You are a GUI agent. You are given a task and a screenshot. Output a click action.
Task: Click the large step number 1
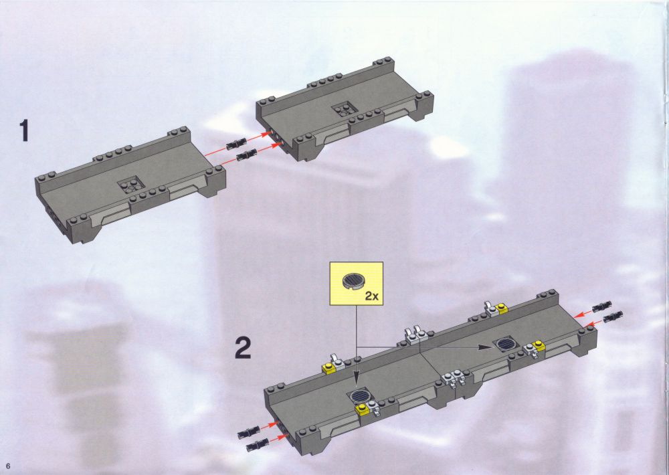click(x=25, y=130)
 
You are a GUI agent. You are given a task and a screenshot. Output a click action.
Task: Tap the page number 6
click(x=7, y=465)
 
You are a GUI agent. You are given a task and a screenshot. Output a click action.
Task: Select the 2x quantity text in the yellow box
click(x=371, y=296)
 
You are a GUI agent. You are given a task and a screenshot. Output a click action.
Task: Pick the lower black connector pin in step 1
click(x=246, y=154)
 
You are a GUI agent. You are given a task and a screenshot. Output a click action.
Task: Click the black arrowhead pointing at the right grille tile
click(x=483, y=347)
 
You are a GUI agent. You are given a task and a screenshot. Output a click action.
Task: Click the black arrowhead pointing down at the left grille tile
click(x=357, y=383)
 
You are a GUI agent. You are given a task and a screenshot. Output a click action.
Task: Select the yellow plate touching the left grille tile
click(x=361, y=409)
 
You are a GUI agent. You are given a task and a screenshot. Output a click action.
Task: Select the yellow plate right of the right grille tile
click(x=539, y=346)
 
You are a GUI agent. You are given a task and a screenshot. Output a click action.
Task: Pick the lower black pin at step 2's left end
click(x=256, y=444)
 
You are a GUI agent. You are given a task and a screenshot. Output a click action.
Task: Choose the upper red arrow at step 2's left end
click(x=268, y=426)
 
